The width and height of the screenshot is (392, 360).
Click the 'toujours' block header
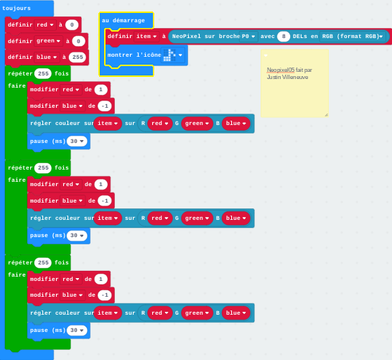click(x=17, y=8)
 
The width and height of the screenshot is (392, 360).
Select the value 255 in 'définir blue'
click(x=78, y=57)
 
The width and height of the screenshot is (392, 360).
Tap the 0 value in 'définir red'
click(x=72, y=24)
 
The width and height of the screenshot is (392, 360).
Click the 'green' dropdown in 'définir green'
click(x=48, y=41)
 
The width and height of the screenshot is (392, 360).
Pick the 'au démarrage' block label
click(x=123, y=21)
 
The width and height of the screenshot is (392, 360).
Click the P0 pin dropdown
click(x=248, y=36)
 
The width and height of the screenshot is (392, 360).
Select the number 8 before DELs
click(x=284, y=36)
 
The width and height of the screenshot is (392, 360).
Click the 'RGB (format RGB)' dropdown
click(x=353, y=36)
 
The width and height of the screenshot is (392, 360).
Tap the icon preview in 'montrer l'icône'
click(x=170, y=55)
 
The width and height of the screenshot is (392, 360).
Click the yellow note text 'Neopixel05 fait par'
click(x=289, y=70)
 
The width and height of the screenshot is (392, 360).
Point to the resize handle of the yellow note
click(x=326, y=115)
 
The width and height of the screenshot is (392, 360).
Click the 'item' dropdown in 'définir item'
click(x=146, y=36)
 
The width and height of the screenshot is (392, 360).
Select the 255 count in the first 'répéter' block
click(x=43, y=73)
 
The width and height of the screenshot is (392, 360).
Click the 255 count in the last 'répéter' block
click(x=43, y=262)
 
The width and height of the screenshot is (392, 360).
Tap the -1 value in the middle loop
click(x=105, y=200)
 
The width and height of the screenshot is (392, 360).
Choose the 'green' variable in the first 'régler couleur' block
click(x=197, y=124)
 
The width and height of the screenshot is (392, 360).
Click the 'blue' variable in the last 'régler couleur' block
click(x=235, y=313)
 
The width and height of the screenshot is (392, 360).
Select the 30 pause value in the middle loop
click(x=77, y=236)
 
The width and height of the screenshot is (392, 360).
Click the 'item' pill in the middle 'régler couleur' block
click(x=108, y=218)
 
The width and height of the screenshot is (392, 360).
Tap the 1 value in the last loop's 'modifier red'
click(x=101, y=279)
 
